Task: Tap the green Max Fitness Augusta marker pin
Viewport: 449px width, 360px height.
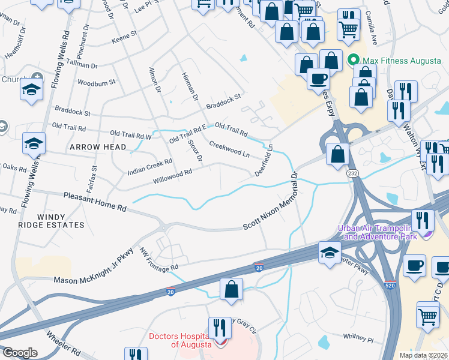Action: coord(354,61)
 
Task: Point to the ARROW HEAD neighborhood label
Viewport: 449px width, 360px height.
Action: coord(98,147)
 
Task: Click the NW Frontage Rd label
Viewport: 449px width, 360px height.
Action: coord(158,259)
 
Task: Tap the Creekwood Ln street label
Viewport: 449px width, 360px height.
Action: coord(229,149)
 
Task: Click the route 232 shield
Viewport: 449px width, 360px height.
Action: coord(352,172)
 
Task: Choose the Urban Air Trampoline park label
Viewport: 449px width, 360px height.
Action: coord(376,232)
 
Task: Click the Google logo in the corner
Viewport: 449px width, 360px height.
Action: coord(20,353)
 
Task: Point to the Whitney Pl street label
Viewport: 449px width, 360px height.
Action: coord(358,340)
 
